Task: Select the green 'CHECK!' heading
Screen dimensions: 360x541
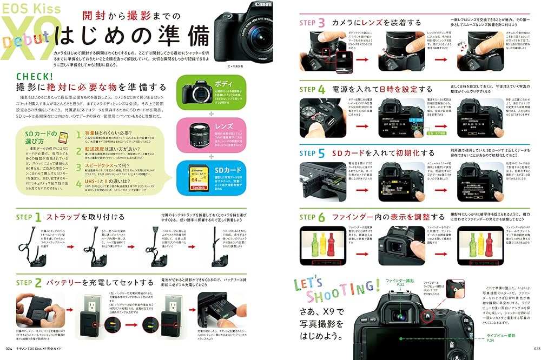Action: point(35,77)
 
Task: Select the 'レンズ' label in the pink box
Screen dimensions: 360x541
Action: point(224,126)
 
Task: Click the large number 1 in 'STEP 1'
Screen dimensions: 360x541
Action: point(38,217)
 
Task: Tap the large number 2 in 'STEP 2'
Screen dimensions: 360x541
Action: point(38,282)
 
